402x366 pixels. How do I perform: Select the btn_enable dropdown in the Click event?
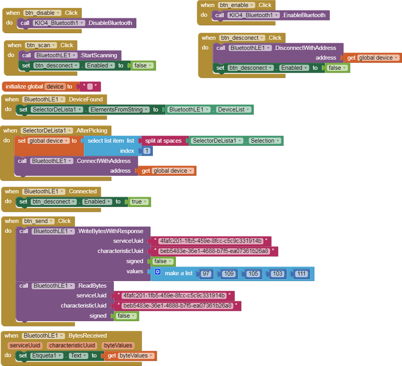tap(238, 5)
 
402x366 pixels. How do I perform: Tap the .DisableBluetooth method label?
tap(110, 23)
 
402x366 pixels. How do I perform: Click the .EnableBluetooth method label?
tap(305, 15)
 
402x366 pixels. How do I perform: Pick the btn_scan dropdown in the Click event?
tap(41, 45)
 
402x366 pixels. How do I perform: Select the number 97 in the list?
tap(206, 274)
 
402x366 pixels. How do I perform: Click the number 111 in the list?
tap(302, 274)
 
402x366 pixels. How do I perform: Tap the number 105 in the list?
tap(253, 274)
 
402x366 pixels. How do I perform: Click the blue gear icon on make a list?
tap(157, 272)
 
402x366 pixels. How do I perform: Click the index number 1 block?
tap(147, 151)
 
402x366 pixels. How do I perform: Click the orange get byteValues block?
tap(130, 356)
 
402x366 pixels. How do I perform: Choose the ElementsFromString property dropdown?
tap(119, 110)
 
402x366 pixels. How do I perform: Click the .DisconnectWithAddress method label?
tap(305, 48)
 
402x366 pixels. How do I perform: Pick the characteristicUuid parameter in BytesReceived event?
tap(72, 346)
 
